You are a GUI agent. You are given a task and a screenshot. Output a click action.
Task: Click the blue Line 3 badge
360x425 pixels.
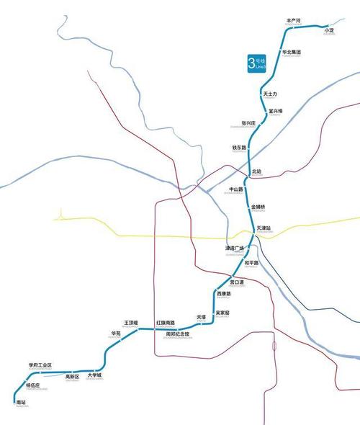pos(256,63)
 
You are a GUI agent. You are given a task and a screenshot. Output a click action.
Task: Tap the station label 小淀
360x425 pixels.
pos(330,30)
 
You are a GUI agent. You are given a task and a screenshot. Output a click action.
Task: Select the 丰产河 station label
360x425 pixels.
pos(293,21)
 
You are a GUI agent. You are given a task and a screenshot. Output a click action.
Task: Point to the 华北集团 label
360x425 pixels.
pos(291,53)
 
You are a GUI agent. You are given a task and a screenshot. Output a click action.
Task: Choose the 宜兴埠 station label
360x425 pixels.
pos(276,111)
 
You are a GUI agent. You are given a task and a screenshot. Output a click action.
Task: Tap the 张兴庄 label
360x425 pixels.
pos(248,123)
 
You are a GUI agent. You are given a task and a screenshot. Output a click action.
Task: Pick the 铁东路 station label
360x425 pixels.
pos(239,148)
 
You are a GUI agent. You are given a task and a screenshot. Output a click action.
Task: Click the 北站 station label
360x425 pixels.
pos(257,171)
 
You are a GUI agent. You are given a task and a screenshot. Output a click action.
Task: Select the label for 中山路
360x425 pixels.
pos(236,190)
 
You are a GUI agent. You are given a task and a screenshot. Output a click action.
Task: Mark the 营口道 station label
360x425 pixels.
pos(238,281)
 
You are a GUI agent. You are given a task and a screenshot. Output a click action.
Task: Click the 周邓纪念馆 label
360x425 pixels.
pos(178,334)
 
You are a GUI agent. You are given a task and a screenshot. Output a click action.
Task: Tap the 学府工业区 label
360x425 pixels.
pos(40,366)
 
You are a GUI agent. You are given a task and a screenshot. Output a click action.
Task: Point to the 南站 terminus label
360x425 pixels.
pos(20,403)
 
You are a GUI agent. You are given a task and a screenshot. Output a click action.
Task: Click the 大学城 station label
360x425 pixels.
pos(94,375)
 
